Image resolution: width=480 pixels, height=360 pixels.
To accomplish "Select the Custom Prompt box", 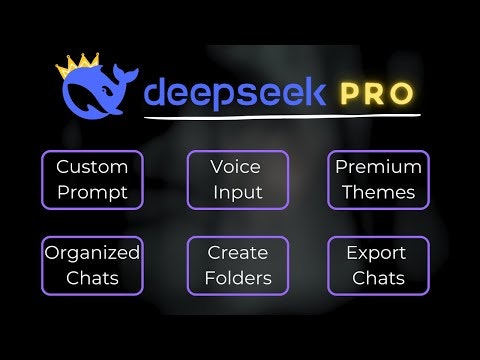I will click(x=92, y=180).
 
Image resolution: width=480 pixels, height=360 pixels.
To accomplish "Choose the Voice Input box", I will click(x=238, y=180).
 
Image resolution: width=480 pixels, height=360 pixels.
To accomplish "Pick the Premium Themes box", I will click(x=379, y=180).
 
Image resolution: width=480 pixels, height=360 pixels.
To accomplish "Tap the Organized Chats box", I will click(x=92, y=265).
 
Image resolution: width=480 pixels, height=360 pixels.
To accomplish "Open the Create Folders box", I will click(x=238, y=265).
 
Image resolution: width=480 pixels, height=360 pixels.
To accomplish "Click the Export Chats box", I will click(x=379, y=265).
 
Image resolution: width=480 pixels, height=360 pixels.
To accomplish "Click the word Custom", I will click(x=92, y=167).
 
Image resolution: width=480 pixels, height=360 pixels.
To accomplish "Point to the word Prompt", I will click(x=92, y=193).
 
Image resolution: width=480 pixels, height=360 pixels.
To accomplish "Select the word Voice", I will click(x=238, y=167).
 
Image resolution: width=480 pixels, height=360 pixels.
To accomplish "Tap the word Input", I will click(x=238, y=193).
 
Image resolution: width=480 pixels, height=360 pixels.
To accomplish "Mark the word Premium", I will click(x=379, y=167).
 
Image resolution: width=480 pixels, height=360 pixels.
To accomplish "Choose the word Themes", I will click(x=379, y=193).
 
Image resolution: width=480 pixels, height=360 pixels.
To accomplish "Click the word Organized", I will click(x=92, y=253).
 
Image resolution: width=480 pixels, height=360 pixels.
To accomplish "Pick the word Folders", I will click(x=238, y=278).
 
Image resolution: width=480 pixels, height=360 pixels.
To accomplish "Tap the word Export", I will click(x=379, y=252).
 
